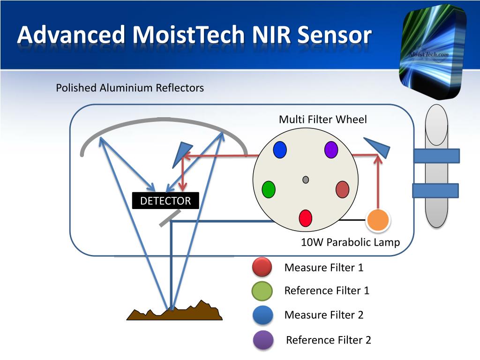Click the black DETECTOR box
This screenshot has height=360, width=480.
pos(165,201)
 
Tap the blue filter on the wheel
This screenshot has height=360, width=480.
pos(279,150)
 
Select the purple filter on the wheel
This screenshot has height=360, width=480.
pos(331,150)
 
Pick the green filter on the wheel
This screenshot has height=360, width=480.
pos(269,189)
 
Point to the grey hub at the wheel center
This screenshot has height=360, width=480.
pos(306,180)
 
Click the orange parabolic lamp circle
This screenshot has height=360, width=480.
pos(378,220)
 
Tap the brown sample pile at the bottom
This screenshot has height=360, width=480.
pos(175,311)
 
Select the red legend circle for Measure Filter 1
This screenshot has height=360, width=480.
pos(262,267)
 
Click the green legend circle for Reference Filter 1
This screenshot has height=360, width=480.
pos(262,291)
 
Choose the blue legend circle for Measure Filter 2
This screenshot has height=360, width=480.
pos(263,315)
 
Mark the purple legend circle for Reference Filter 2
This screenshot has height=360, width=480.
pos(263,340)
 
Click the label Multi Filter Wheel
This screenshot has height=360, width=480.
pos(322,120)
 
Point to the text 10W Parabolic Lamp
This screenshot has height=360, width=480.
pos(350,242)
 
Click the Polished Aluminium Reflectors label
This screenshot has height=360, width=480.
pos(130,88)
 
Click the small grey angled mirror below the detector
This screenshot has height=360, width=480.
pos(170,218)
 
